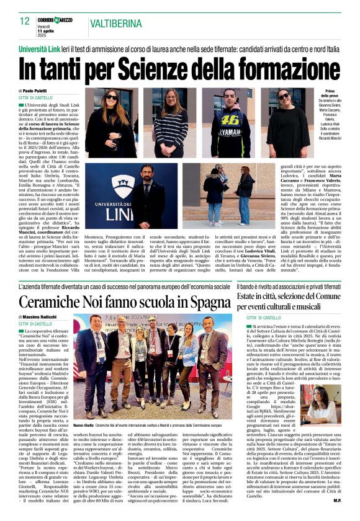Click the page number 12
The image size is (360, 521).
(24, 22)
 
